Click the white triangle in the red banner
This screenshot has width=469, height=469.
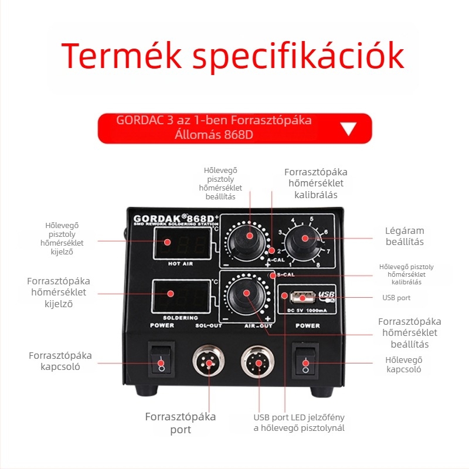coord(349,128)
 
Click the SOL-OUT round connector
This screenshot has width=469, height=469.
coord(209,361)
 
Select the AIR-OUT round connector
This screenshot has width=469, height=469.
coord(258,361)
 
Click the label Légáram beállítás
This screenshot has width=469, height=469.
coord(404,236)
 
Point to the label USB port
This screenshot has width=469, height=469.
coord(396,298)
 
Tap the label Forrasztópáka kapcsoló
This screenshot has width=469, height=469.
coord(60,361)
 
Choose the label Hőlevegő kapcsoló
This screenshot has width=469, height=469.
coord(404,365)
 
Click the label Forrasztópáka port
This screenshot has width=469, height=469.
coord(181,423)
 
